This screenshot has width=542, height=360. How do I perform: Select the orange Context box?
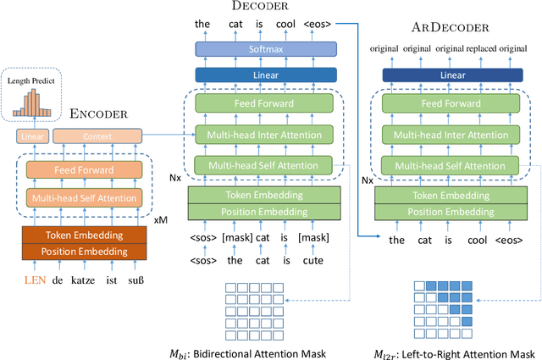pos(97,136)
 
